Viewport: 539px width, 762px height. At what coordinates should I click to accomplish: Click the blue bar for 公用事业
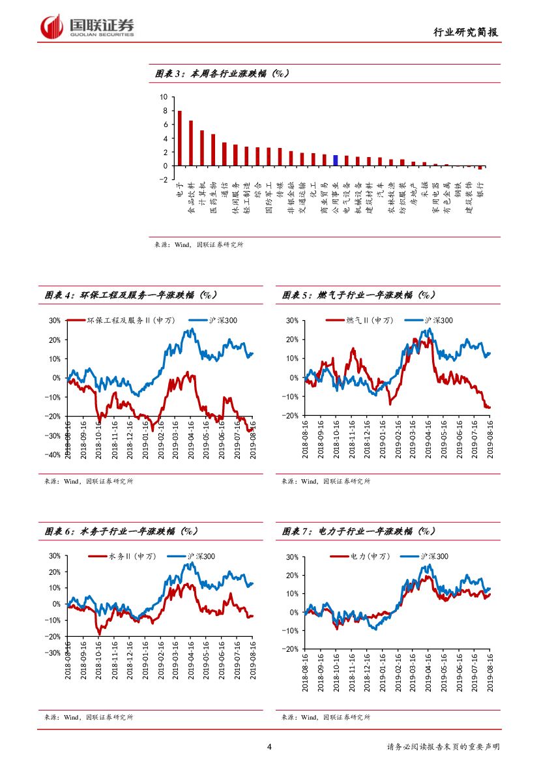[335, 160]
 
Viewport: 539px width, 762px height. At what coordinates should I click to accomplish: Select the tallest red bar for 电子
[180, 138]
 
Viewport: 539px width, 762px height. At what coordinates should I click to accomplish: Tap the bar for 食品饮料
[191, 143]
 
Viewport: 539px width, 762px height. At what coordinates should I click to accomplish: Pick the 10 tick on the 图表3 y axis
[164, 96]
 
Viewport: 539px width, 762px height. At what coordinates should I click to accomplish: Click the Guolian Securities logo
[87, 27]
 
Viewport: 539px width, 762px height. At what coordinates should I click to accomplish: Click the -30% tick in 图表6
[53, 652]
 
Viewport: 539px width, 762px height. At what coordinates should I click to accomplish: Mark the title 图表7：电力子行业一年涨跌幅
[358, 531]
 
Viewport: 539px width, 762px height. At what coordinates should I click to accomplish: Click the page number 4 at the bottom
[269, 746]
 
